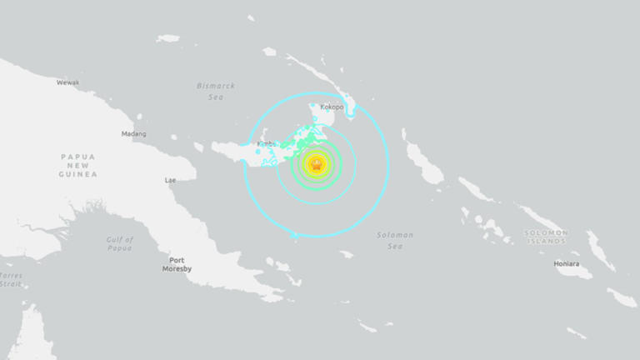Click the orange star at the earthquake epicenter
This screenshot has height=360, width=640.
pos(316,164)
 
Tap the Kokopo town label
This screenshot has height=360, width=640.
pos(332,107)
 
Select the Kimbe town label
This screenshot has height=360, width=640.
pos(266,143)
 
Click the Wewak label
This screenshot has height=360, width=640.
pos(68,82)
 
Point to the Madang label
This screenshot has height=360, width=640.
pos(133,133)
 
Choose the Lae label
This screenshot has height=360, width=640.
pos(171,180)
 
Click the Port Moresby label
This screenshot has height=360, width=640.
pos(176,264)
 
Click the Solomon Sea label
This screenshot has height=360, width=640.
pos(395,240)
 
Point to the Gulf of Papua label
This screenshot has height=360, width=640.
pos(120,243)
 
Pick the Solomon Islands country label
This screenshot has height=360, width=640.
pos(546,237)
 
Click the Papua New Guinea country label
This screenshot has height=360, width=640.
pos(77,165)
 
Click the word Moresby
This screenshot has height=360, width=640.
pos(176,269)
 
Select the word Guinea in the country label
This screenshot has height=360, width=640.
pos(77,174)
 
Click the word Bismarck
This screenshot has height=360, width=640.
pos(216,85)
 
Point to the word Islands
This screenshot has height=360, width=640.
pos(546,241)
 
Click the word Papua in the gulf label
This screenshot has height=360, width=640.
pos(120,247)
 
